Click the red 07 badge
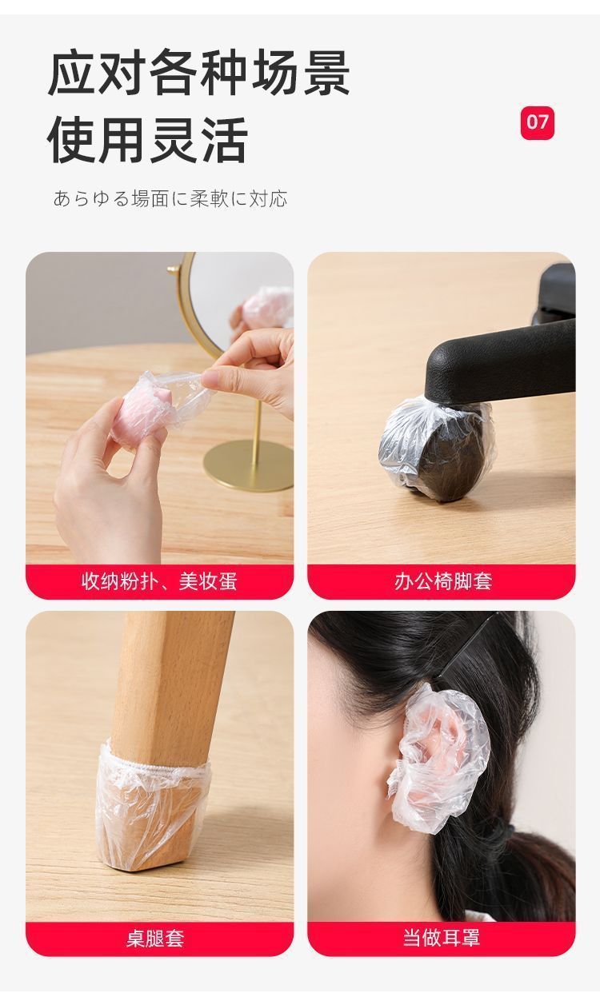537,122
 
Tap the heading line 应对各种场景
198,74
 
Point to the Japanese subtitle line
170,198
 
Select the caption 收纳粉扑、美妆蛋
159,581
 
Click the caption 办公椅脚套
442,581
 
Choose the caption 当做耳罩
442,938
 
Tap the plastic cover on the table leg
154,808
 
